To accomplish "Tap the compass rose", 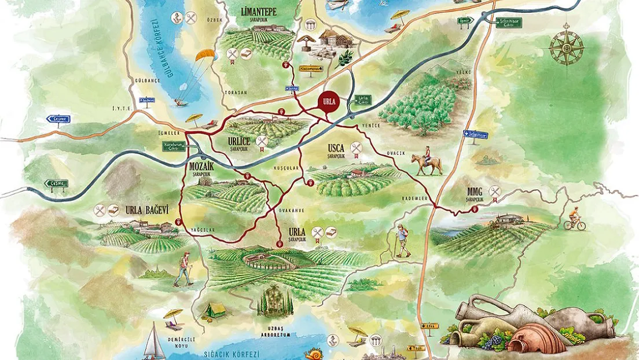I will (x=566, y=47).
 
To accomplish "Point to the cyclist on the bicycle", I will (x=575, y=219).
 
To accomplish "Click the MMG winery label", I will (x=475, y=192).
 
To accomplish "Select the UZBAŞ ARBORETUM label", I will (x=271, y=335).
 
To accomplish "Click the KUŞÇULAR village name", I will (x=285, y=168).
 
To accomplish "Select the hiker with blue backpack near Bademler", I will (x=402, y=240).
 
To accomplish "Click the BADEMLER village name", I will (x=414, y=199).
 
